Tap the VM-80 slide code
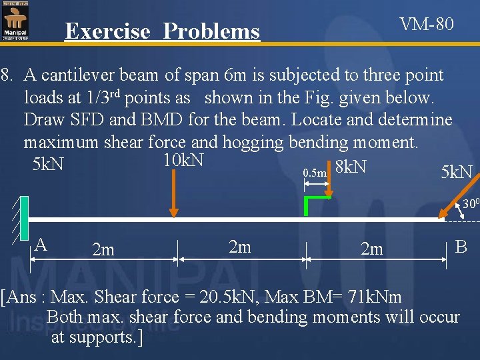427,25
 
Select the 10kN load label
183,161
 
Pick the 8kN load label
351,167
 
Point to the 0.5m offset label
315,173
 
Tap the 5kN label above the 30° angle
457,173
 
